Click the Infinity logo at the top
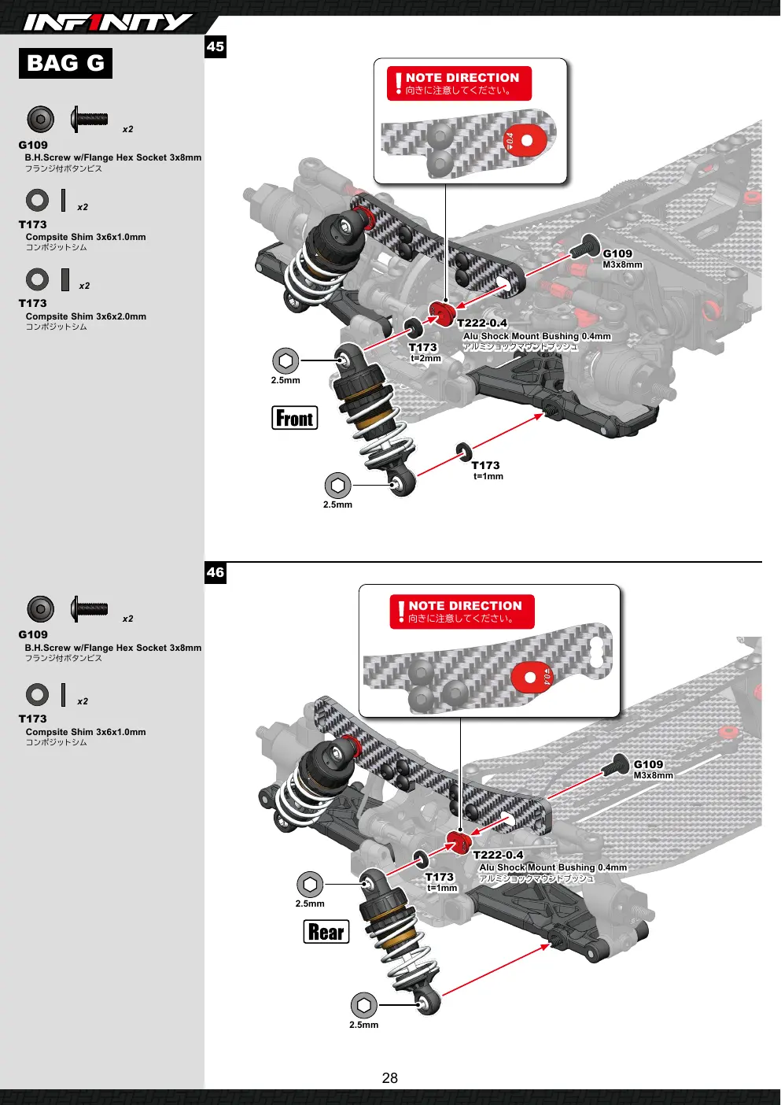pyautogui.click(x=108, y=22)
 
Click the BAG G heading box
pyautogui.click(x=65, y=63)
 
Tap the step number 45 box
pyautogui.click(x=216, y=47)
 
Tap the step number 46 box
pyautogui.click(x=216, y=573)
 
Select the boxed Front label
pyautogui.click(x=294, y=418)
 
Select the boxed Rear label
pyautogui.click(x=326, y=932)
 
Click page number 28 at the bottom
pyautogui.click(x=389, y=1078)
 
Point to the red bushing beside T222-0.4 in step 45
pyautogui.click(x=442, y=314)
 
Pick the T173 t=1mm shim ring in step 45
pyautogui.click(x=463, y=452)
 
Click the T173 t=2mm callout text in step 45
pyautogui.click(x=424, y=353)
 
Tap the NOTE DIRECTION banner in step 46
pyautogui.click(x=462, y=612)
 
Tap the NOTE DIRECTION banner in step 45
pyautogui.click(x=459, y=83)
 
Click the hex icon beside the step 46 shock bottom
pyautogui.click(x=364, y=1005)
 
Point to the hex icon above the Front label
pyautogui.click(x=286, y=360)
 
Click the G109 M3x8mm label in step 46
pyautogui.click(x=653, y=769)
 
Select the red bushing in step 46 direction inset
pyautogui.click(x=532, y=678)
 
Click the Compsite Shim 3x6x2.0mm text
pyautogui.click(x=86, y=316)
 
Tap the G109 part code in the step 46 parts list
pyautogui.click(x=33, y=634)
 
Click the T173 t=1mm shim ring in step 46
pyautogui.click(x=421, y=859)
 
